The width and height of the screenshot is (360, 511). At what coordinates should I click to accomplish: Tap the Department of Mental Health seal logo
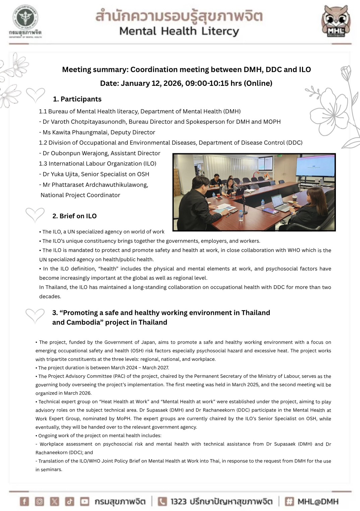(25, 19)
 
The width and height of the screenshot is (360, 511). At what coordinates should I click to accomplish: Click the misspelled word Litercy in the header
(220, 31)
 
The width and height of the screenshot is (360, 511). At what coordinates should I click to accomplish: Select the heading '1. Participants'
(77, 99)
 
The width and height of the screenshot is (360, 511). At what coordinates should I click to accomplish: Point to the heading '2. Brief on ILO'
(74, 216)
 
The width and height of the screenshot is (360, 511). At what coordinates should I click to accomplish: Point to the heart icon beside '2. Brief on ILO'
(35, 215)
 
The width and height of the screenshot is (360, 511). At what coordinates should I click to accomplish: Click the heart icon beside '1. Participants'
(36, 95)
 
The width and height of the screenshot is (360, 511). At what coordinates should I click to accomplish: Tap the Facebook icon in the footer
(24, 501)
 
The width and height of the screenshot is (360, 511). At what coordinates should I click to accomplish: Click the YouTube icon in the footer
(84, 501)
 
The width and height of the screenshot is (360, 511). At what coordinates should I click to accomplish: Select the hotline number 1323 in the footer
(178, 502)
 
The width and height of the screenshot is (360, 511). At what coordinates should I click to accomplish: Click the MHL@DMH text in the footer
(318, 502)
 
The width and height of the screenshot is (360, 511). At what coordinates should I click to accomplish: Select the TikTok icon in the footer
(69, 501)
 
